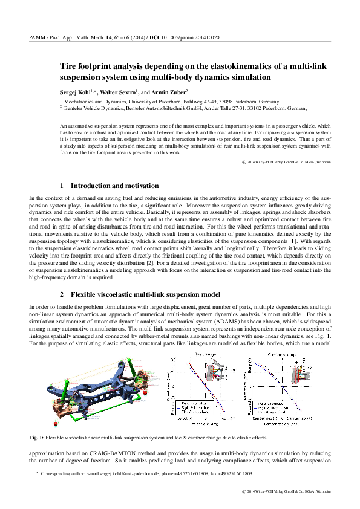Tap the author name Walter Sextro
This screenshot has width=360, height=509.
119,90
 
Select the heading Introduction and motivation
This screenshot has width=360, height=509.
115,186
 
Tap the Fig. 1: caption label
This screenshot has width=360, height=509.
38,436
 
